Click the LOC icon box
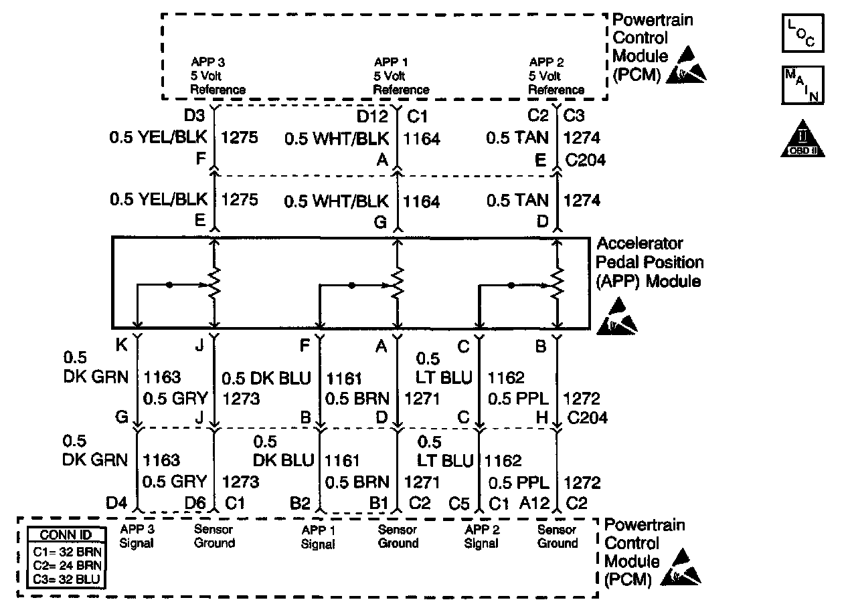[x=802, y=33]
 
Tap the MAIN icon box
[x=802, y=85]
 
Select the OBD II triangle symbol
[x=803, y=140]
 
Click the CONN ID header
[x=66, y=536]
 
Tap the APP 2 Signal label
[x=481, y=536]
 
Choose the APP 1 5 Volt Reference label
[x=401, y=76]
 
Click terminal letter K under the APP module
[x=122, y=346]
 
